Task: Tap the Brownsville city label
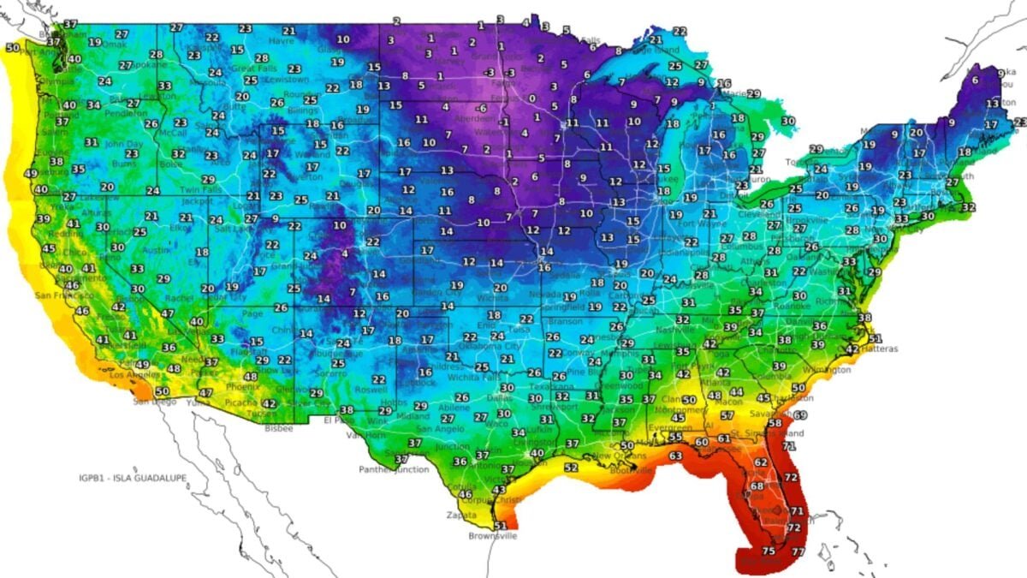492,536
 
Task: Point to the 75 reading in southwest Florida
768,551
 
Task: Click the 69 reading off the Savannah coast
800,415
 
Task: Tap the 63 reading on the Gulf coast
675,456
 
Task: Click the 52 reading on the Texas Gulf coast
571,468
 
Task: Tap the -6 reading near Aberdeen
482,108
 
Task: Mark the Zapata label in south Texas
460,515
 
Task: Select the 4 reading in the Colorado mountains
345,253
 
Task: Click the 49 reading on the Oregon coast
30,173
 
